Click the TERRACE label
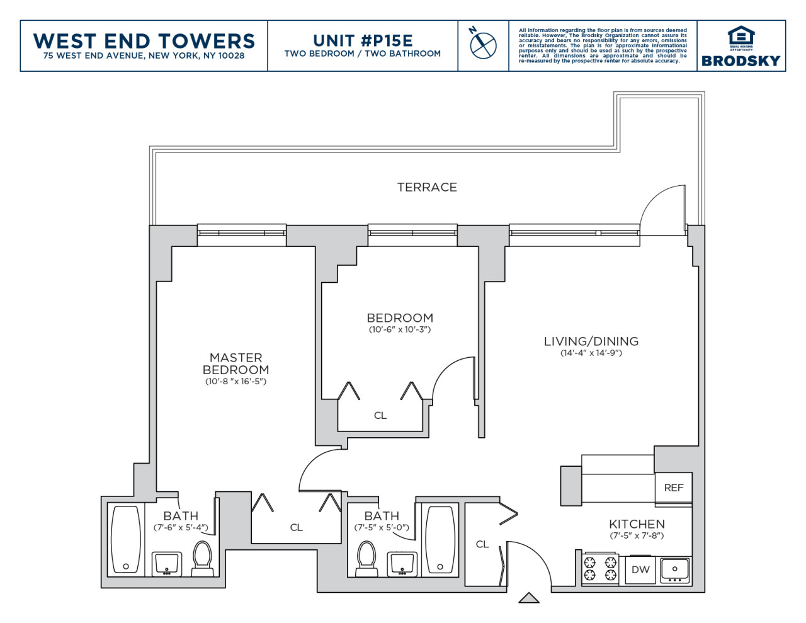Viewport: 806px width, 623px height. [x=427, y=187]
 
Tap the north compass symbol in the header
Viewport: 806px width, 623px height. [x=482, y=43]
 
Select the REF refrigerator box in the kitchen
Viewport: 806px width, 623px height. [x=673, y=488]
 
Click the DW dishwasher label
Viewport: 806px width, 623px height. [x=640, y=569]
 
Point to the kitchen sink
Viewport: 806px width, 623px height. [x=674, y=570]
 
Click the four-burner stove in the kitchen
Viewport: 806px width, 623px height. [x=600, y=569]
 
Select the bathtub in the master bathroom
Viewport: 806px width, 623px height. [x=126, y=540]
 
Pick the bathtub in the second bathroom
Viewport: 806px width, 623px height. [x=440, y=540]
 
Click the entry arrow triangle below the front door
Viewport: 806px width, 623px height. [x=529, y=598]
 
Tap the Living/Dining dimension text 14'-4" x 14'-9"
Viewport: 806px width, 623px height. [x=591, y=353]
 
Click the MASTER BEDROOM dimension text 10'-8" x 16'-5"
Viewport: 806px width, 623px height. [x=236, y=381]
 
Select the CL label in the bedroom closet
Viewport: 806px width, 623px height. [x=380, y=415]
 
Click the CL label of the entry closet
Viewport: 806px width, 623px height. [x=482, y=544]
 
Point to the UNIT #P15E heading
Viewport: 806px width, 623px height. [x=363, y=41]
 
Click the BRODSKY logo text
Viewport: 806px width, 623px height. [x=741, y=61]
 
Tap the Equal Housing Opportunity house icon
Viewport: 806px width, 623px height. [x=741, y=36]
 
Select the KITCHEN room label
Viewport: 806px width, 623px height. [x=637, y=524]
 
